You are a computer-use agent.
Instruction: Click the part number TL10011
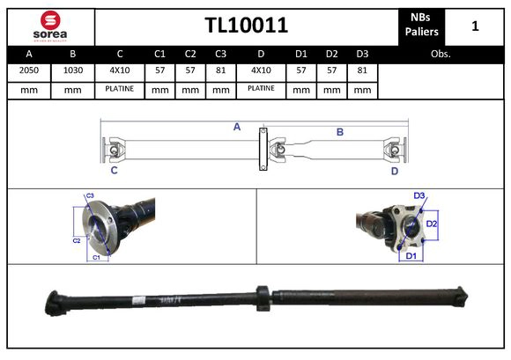click(x=246, y=25)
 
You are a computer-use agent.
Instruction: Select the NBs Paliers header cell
click(x=420, y=26)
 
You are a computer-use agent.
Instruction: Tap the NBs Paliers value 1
click(x=475, y=26)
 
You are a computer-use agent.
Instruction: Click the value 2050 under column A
click(x=28, y=70)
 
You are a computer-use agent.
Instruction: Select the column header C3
click(x=220, y=54)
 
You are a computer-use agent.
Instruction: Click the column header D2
click(x=332, y=54)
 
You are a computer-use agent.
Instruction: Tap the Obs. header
click(x=441, y=54)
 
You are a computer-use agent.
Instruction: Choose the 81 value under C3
click(x=220, y=70)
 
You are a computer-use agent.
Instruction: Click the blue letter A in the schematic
click(x=236, y=128)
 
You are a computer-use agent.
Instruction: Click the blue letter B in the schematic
click(x=339, y=132)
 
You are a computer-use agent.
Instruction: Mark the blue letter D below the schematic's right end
click(x=395, y=171)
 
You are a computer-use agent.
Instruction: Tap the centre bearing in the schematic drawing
click(x=262, y=151)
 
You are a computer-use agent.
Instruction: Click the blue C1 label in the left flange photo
click(x=96, y=257)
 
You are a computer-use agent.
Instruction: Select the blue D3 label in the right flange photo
click(x=419, y=195)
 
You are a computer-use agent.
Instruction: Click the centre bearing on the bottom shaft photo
click(x=262, y=297)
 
